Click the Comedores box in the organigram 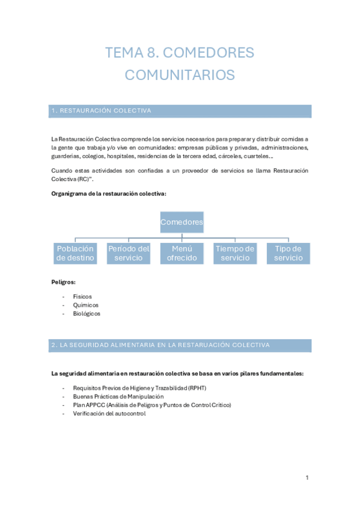[182, 223]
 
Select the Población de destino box [75, 253]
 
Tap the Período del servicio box [128, 253]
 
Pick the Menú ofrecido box [182, 253]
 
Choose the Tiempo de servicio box [234, 253]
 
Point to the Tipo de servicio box [288, 253]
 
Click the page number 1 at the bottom [307, 478]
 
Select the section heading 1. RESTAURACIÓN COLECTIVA [102, 111]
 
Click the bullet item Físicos [82, 296]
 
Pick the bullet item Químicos [85, 305]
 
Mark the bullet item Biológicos [87, 313]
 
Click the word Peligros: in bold [63, 281]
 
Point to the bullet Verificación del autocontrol [109, 414]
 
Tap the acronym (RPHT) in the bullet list [197, 389]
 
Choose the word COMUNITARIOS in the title [180, 75]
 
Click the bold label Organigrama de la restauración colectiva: [109, 194]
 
